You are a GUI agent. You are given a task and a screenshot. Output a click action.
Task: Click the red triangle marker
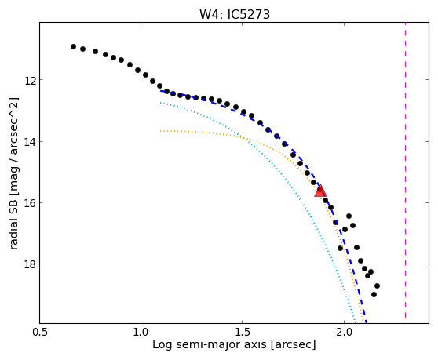320,191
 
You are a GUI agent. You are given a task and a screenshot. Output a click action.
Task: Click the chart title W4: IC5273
235,15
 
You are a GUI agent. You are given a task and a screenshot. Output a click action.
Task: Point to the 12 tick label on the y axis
30,81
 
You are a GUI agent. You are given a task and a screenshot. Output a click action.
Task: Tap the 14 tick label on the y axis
30,142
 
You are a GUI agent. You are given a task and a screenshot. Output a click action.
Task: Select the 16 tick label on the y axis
30,203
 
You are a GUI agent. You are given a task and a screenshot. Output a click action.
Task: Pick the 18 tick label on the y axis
30,264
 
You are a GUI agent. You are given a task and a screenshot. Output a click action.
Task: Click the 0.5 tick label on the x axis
40,333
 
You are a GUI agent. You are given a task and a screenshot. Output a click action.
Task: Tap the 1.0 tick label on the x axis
141,333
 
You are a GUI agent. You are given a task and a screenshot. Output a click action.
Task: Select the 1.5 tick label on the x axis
243,333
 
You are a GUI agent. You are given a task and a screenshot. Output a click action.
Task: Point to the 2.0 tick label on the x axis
344,333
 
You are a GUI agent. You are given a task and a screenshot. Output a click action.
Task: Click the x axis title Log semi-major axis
210,345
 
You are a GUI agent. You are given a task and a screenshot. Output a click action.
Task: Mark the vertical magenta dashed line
405,170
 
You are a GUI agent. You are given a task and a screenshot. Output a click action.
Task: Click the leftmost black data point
73,46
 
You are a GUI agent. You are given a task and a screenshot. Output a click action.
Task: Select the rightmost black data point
377,285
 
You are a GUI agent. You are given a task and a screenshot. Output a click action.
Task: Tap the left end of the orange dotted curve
160,131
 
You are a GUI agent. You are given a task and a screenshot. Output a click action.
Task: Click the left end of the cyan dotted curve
160,103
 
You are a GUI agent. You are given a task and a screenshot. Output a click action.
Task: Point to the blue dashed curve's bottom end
367,323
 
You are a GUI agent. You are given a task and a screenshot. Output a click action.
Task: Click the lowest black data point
374,294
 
